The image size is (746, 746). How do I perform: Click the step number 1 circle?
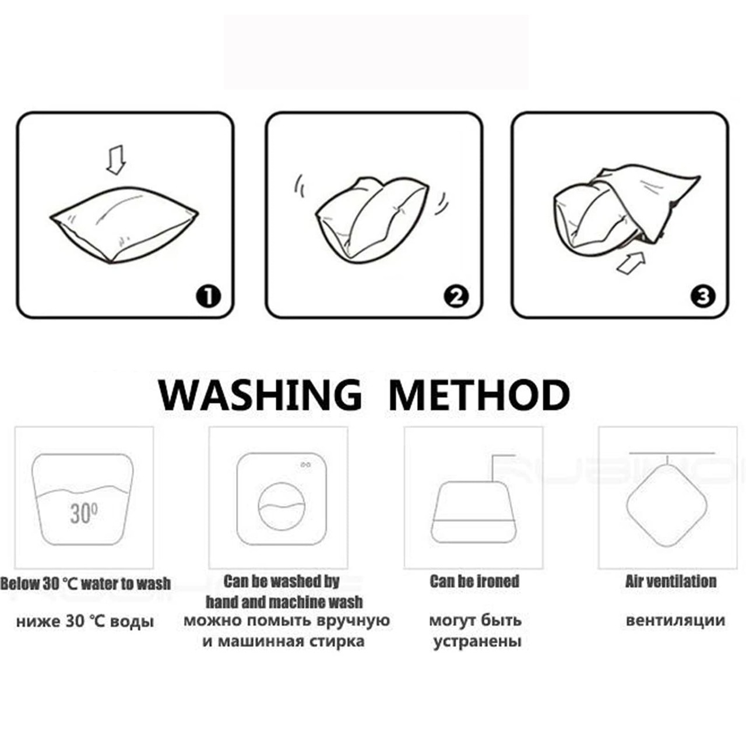[x=208, y=297]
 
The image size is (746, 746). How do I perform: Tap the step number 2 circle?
[x=456, y=297]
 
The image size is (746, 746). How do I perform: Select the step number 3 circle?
[x=703, y=297]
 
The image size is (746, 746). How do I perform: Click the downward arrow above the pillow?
[x=116, y=160]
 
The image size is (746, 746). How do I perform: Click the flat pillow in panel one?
[x=124, y=224]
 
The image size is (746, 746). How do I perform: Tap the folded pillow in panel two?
[x=372, y=220]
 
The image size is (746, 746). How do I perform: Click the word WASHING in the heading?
[x=260, y=395]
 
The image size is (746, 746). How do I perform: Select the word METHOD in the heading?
[x=479, y=395]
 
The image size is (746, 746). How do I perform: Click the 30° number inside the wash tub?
[x=83, y=513]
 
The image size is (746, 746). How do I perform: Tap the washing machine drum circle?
[x=281, y=506]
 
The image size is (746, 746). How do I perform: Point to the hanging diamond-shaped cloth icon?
[x=667, y=506]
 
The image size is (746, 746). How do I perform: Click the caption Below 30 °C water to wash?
[x=86, y=584]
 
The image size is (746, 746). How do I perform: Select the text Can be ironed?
[x=474, y=582]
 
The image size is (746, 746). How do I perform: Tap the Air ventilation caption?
[x=671, y=582]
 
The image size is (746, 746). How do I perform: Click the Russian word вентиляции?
[x=675, y=621]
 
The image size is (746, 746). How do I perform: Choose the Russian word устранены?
[x=477, y=642]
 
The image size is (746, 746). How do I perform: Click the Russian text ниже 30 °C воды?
[x=85, y=622]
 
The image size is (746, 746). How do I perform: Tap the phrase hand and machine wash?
[x=284, y=603]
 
